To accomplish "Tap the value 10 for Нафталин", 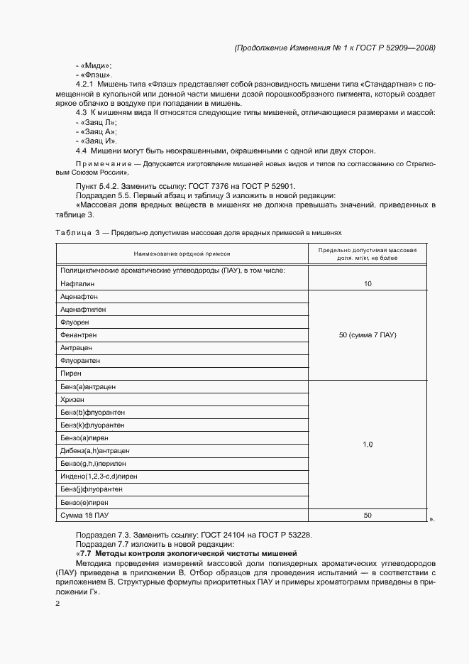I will coord(368,283).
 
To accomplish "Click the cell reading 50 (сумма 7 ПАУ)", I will coord(368,334).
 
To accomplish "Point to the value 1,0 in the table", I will coord(368,445).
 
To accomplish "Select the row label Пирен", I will coord(71,373).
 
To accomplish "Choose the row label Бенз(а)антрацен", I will coord(88,386).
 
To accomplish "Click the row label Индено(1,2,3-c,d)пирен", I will coord(99,476).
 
